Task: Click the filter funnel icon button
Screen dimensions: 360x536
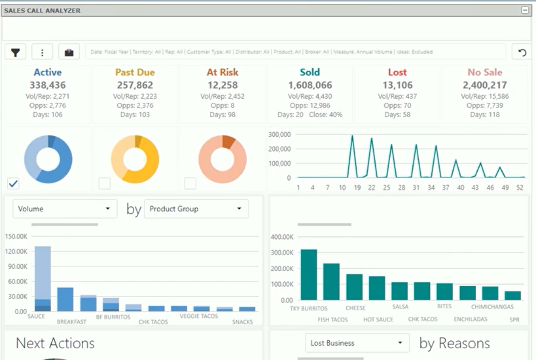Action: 16,52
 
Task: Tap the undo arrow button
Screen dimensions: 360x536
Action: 522,52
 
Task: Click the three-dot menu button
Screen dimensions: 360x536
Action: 42,52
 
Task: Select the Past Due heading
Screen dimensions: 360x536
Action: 135,73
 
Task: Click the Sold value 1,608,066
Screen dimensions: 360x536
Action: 310,85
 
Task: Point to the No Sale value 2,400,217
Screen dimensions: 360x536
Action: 484,85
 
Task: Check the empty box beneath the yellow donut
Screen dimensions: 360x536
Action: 104,183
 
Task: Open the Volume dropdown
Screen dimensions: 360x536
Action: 64,209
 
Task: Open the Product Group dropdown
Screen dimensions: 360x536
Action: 196,209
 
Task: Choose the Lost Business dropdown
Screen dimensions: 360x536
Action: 357,343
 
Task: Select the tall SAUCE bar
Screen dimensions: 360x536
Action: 43,278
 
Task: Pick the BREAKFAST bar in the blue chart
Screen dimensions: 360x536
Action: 65,299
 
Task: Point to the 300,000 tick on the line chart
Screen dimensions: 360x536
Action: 279,135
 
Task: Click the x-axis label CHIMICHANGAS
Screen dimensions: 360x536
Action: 492,306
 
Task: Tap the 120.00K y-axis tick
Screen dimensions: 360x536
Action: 16,251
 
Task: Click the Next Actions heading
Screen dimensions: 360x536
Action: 55,343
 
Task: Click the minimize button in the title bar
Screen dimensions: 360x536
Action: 525,10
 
